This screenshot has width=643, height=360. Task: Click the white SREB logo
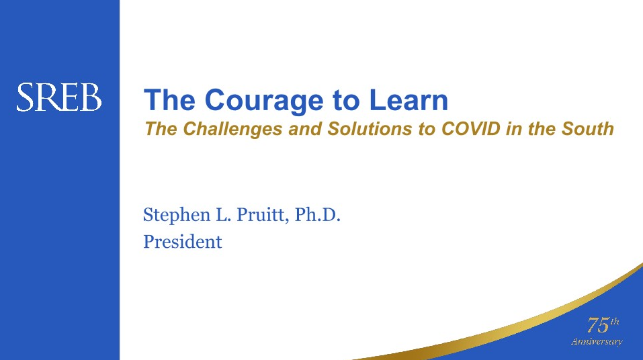pos(59,97)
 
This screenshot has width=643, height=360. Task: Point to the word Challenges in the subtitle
pos(232,129)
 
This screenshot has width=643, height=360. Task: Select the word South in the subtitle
pos(588,129)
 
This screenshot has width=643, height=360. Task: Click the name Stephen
pos(177,216)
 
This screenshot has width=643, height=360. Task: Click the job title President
pos(183,242)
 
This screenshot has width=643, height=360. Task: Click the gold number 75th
pos(603,325)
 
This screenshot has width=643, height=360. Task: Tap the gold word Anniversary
pos(597,342)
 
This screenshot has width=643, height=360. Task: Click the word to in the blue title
pos(347,101)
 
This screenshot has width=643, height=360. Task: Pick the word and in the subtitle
pos(305,129)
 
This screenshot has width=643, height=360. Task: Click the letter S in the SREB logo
pos(26,97)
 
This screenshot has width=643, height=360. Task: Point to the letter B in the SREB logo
pos(91,97)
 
